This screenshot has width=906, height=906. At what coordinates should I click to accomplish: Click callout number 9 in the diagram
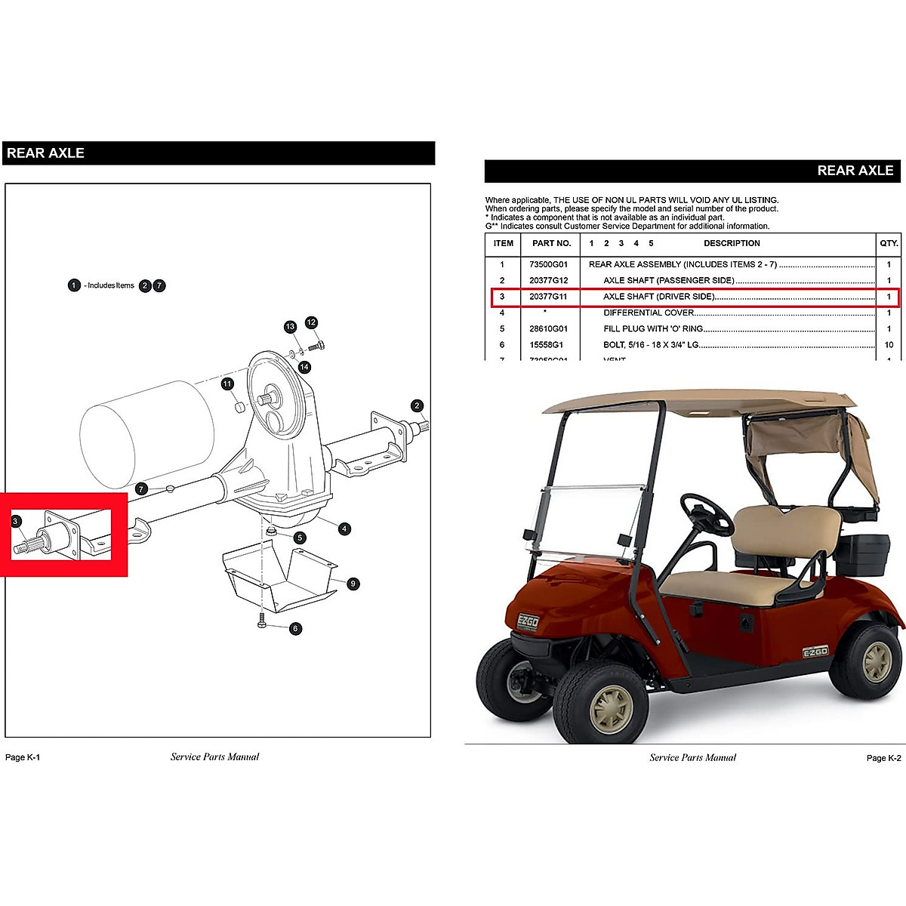coord(354,584)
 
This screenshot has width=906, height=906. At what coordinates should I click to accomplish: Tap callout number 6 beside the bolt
coord(295,628)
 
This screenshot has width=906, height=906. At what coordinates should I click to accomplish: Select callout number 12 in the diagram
coord(311,322)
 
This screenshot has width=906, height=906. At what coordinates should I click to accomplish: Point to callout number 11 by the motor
coord(227,384)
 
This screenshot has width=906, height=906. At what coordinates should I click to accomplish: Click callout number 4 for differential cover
coord(344,528)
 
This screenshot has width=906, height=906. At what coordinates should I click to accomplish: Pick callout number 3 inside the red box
coord(17,520)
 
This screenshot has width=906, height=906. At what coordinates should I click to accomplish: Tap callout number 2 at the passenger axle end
coord(417,406)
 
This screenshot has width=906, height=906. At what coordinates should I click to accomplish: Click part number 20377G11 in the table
coord(548,297)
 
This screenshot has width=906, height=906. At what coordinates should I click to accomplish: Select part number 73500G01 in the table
coord(548,265)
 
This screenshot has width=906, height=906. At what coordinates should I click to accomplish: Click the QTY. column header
coord(889,243)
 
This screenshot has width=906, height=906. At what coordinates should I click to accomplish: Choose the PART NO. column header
coord(551,243)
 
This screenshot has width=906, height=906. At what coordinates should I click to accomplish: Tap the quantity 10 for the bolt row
coord(889,345)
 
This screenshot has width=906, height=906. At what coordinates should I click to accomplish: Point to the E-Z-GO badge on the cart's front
coord(527,621)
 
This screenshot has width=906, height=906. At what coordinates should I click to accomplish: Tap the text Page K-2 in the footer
coord(883,758)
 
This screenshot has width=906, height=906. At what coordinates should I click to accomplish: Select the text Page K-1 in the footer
coord(23,757)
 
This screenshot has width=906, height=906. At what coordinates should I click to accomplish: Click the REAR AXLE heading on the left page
coord(46,153)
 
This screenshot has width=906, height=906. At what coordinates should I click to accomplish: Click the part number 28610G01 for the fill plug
coord(548,329)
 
